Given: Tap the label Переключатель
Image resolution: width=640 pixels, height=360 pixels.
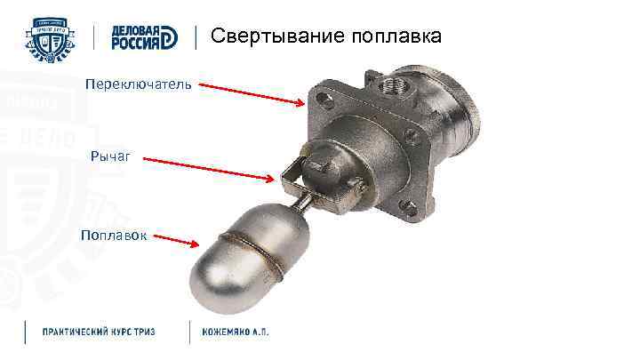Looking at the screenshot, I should tap(137, 84).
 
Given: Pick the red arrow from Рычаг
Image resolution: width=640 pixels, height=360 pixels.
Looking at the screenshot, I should tap(209, 170).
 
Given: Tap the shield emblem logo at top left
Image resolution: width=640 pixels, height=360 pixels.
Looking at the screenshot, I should tap(54, 38).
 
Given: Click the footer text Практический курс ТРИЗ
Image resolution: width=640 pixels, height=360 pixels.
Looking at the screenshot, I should tap(99, 332).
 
